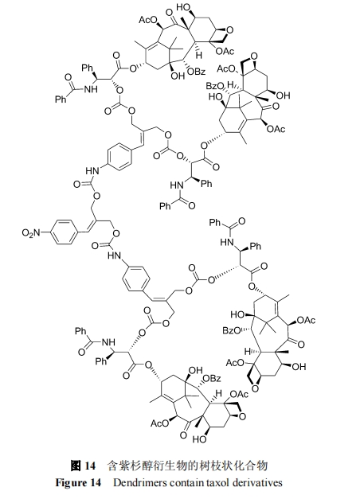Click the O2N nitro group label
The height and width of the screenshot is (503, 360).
coord(31,232)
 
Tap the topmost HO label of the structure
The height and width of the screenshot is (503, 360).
coord(184,6)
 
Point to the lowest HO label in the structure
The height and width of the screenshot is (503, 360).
coord(199,439)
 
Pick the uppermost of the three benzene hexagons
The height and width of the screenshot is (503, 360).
coord(120,157)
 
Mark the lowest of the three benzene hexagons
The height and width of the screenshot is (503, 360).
coord(136,279)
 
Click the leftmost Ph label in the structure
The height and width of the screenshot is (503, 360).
coord(61,99)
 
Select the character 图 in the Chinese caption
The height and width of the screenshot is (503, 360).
coord(75,466)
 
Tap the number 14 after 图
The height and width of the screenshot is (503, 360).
coord(90,466)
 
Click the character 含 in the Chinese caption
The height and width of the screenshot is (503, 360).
coord(112,466)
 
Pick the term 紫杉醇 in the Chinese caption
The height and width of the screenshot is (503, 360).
coord(132,466)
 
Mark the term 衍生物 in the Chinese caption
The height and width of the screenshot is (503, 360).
coord(162,466)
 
